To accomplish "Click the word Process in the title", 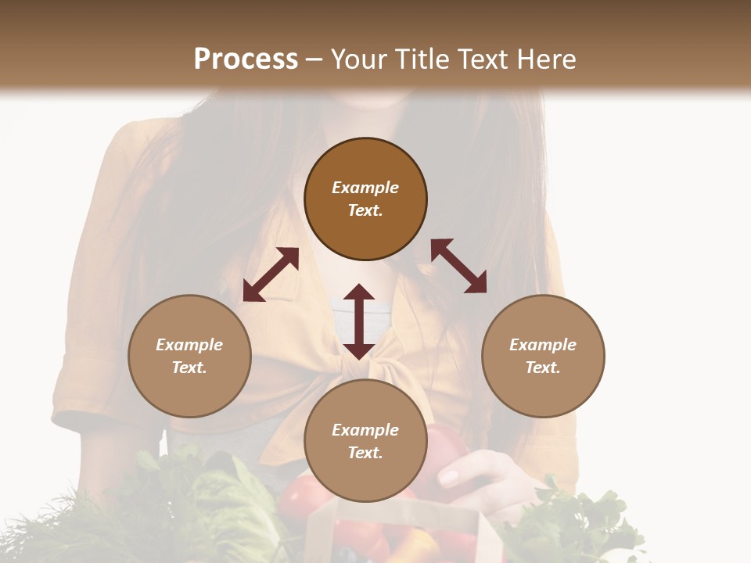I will tap(246, 59).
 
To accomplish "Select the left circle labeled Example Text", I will tap(189, 356).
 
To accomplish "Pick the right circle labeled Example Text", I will tap(543, 356).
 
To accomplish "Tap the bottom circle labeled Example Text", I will tap(365, 441).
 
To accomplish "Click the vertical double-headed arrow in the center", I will tap(359, 321).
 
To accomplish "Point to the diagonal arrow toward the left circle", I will tap(271, 274).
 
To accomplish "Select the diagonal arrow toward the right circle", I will tap(459, 266).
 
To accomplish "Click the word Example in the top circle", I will tap(365, 188).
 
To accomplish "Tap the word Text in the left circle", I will tap(189, 368).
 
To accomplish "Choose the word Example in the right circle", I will tap(543, 345).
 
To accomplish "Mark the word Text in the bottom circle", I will tap(365, 453).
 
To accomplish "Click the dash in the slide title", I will tap(314, 59).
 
